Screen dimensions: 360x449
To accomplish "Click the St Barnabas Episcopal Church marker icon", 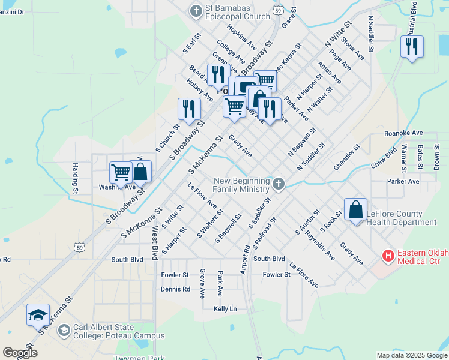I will point(195,11).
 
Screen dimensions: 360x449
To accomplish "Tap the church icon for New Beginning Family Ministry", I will point(278,184).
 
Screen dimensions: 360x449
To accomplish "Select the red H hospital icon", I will point(388,256).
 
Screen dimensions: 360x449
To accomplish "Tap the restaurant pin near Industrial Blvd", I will point(412,47).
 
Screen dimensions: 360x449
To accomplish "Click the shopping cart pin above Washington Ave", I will point(121,172).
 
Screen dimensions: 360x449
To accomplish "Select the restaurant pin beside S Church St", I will point(189,109).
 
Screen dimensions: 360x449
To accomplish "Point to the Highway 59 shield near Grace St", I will point(277,10).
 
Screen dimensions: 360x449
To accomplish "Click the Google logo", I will point(19,353).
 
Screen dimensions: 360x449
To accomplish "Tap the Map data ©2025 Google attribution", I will point(411,355).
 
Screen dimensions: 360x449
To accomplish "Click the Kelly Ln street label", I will point(226,308).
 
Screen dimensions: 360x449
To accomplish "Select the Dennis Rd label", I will point(175,289).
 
